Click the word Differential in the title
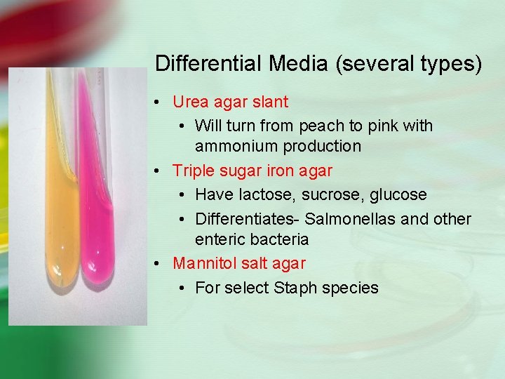[208, 64]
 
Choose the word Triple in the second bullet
[194, 171]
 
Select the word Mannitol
[203, 264]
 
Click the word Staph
[299, 288]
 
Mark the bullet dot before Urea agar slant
[161, 102]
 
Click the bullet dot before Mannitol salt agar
[161, 264]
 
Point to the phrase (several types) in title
[409, 64]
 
